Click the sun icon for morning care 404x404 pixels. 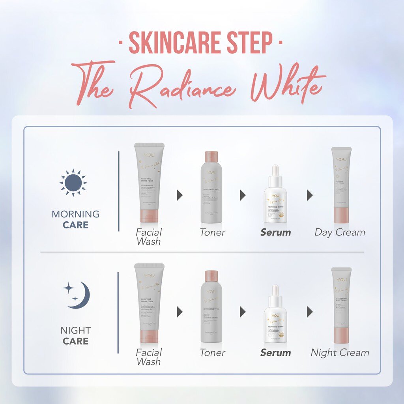[x=73, y=183]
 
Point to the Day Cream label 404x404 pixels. [x=340, y=232]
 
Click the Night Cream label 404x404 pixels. [x=340, y=353]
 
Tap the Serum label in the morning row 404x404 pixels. [x=275, y=232]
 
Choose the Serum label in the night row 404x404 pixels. [x=275, y=353]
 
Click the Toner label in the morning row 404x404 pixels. [x=212, y=232]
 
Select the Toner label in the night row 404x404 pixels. [x=212, y=353]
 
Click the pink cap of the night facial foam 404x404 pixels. [x=149, y=336]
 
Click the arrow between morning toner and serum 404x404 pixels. [x=243, y=195]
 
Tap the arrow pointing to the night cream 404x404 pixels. [x=310, y=312]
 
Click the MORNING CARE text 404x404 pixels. [x=75, y=219]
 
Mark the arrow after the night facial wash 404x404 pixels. [x=180, y=312]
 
